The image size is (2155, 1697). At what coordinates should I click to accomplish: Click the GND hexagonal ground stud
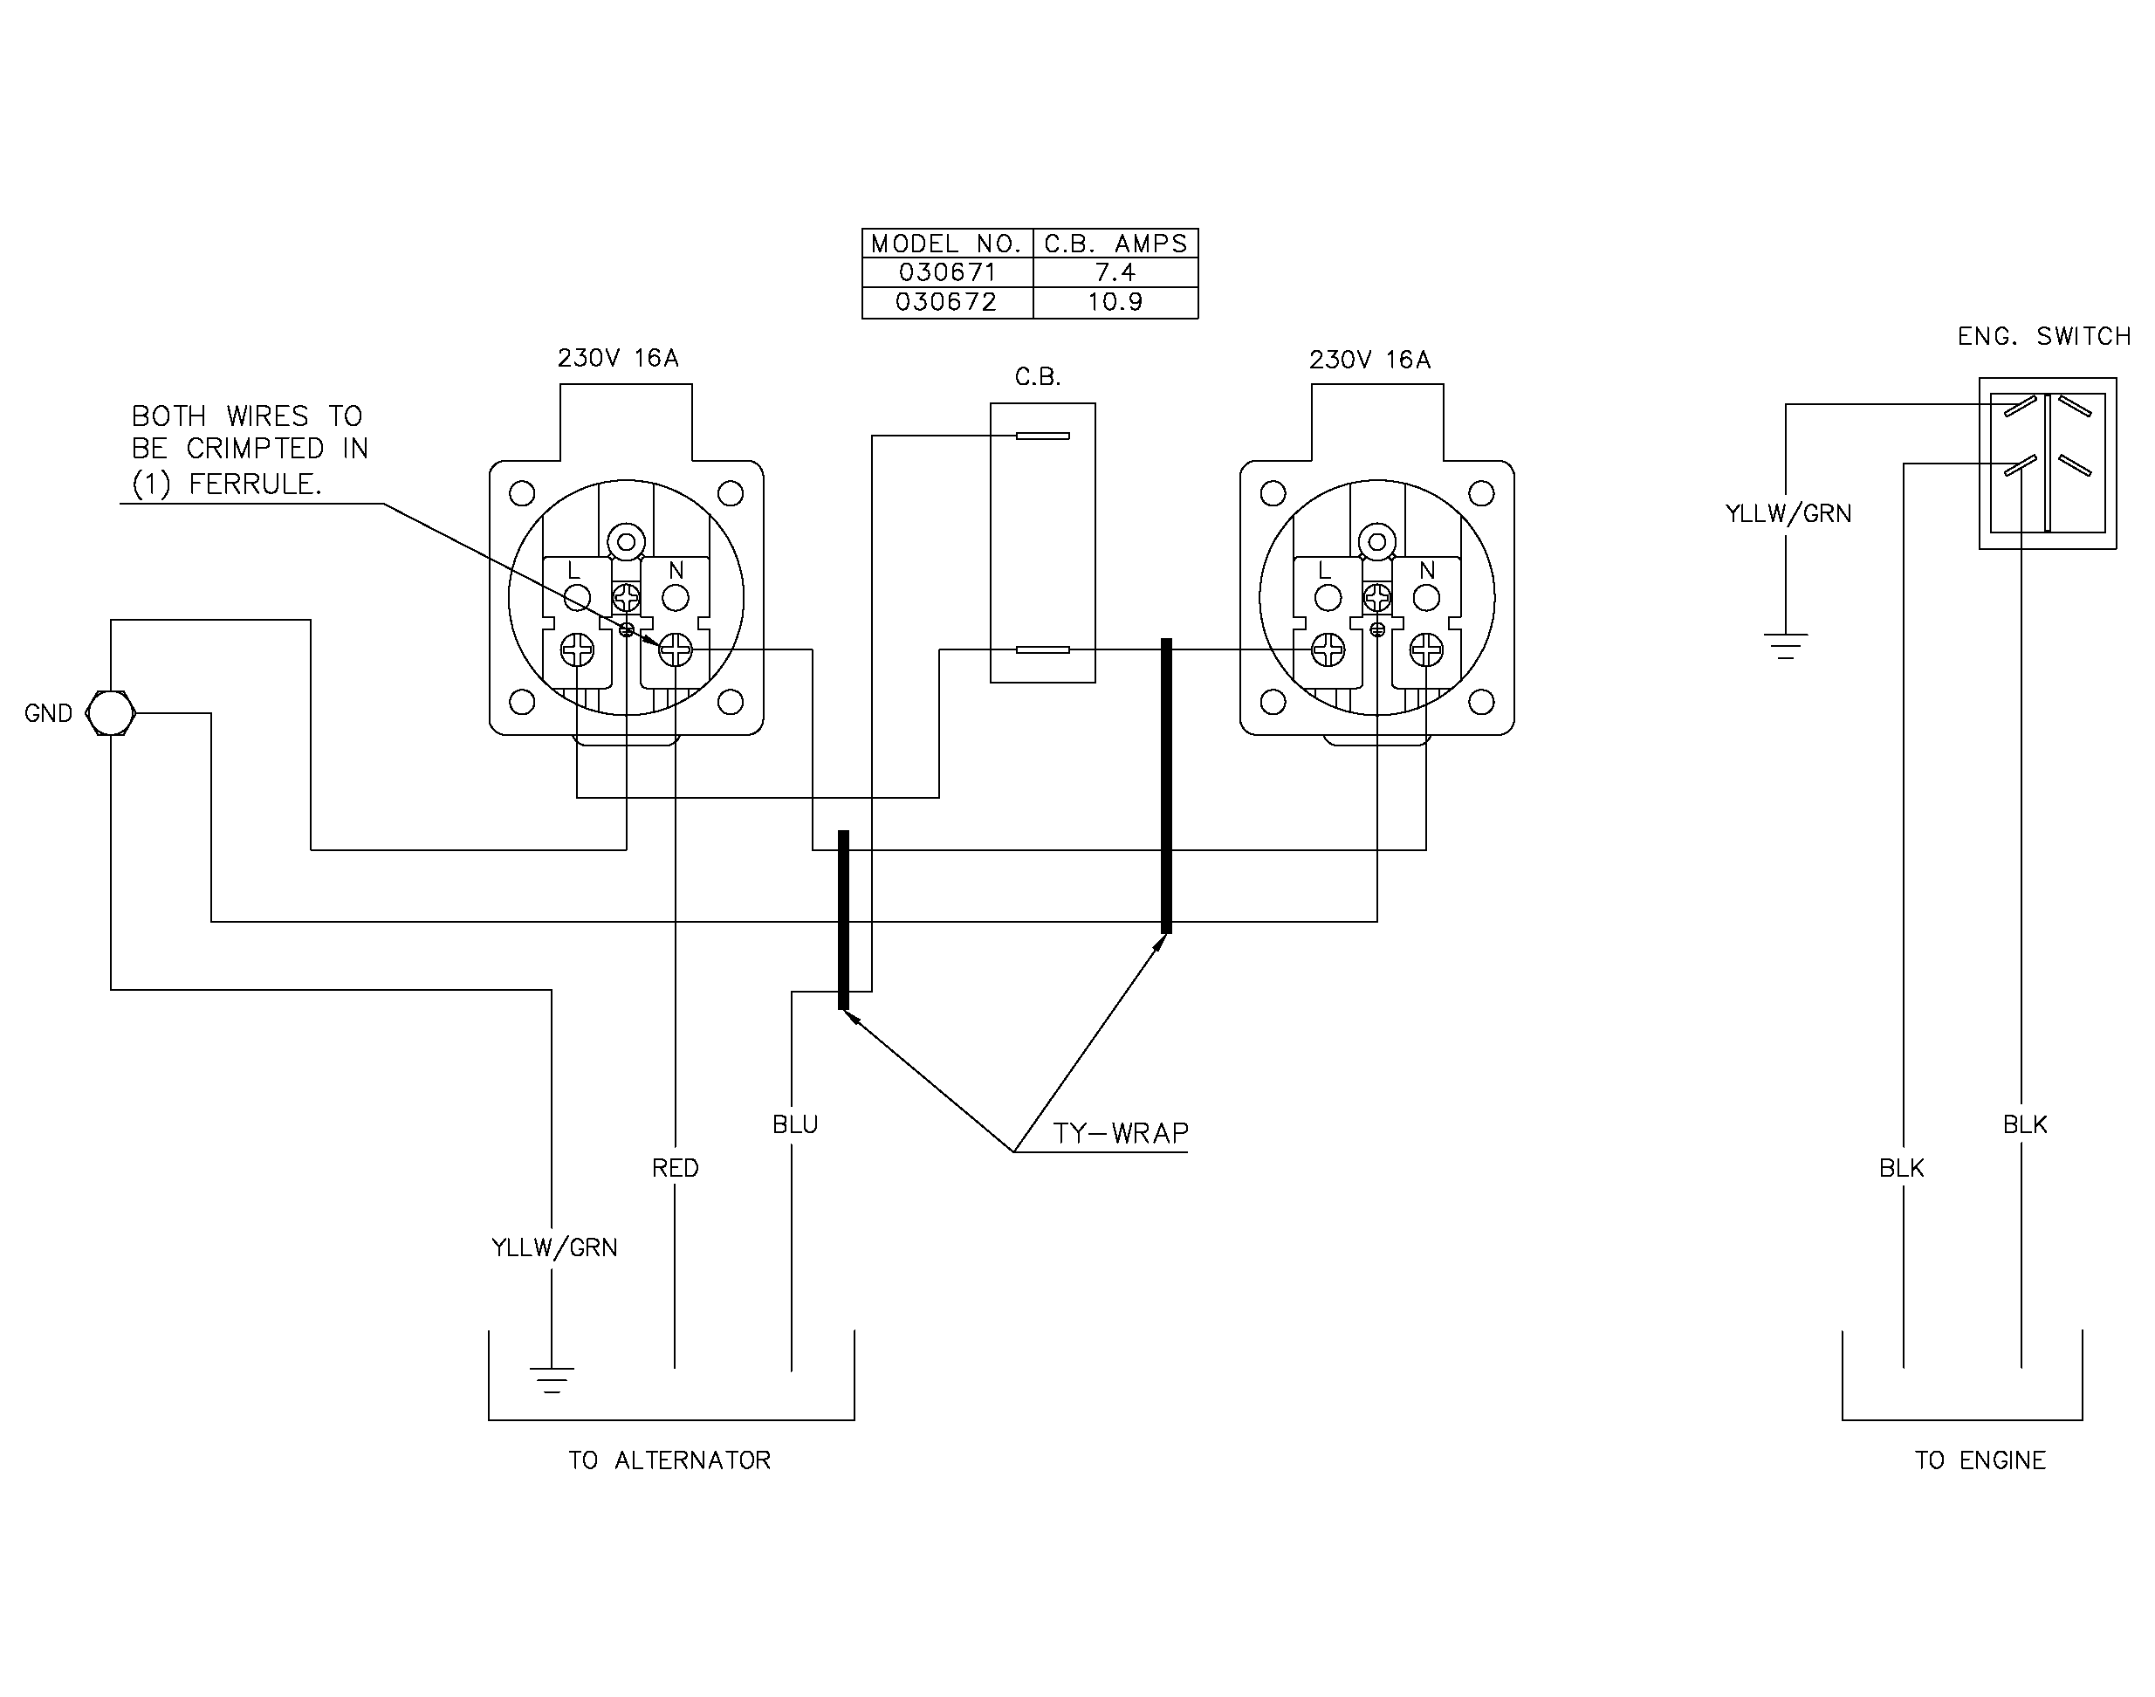pyautogui.click(x=110, y=712)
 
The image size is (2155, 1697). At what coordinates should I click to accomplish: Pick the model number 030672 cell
pyautogui.click(x=946, y=302)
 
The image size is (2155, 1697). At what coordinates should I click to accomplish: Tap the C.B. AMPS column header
pyautogui.click(x=1115, y=244)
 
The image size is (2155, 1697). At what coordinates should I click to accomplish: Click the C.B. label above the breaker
pyautogui.click(x=1039, y=378)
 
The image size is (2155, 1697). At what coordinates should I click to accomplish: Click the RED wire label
pyautogui.click(x=676, y=1168)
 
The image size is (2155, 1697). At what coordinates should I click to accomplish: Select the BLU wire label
pyautogui.click(x=795, y=1124)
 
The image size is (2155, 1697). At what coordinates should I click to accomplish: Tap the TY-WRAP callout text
pyautogui.click(x=1121, y=1134)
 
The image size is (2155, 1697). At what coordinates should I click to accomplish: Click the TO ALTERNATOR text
pyautogui.click(x=669, y=1460)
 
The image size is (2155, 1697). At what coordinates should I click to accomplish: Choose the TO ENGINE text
pyautogui.click(x=1980, y=1460)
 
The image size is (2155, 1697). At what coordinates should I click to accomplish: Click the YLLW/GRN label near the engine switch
pyautogui.click(x=1788, y=513)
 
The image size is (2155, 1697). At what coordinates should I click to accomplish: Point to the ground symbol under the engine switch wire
pyautogui.click(x=1786, y=646)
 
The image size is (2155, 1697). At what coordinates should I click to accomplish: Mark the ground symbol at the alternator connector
pyautogui.click(x=552, y=1380)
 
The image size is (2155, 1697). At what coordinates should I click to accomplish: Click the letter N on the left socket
pyautogui.click(x=676, y=570)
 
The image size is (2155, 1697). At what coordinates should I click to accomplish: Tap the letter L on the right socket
pyautogui.click(x=1324, y=570)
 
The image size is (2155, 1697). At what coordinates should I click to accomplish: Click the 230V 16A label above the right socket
pyautogui.click(x=1370, y=360)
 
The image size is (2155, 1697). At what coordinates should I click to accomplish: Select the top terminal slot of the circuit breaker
pyautogui.click(x=1042, y=436)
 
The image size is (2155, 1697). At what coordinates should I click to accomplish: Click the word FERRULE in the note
pyautogui.click(x=256, y=484)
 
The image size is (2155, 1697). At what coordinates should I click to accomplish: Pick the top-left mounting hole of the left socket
pyautogui.click(x=522, y=493)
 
